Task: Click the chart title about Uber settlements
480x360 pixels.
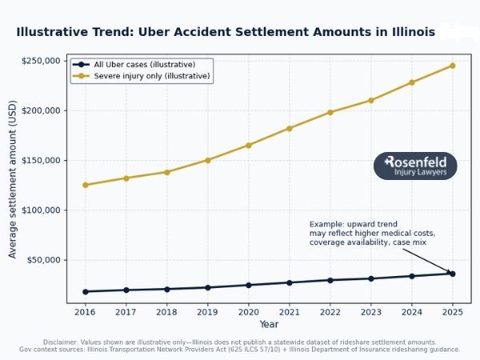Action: tap(226, 32)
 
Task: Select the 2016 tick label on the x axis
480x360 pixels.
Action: tap(85, 312)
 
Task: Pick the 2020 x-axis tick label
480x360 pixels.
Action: tap(248, 312)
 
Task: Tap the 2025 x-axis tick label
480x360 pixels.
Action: tap(453, 312)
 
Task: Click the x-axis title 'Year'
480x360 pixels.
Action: tap(269, 324)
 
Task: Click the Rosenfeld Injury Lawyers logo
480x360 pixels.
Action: tap(415, 166)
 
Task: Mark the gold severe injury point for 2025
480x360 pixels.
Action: tap(453, 66)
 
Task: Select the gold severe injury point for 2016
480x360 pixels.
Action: tap(85, 185)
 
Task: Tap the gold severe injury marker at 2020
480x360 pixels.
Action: tap(248, 145)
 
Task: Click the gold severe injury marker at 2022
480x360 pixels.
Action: tap(330, 112)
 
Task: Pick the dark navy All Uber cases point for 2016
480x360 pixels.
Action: tap(85, 291)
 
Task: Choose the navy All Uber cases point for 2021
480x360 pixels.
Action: tap(289, 282)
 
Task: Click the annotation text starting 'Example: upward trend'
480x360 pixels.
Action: tap(360, 233)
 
